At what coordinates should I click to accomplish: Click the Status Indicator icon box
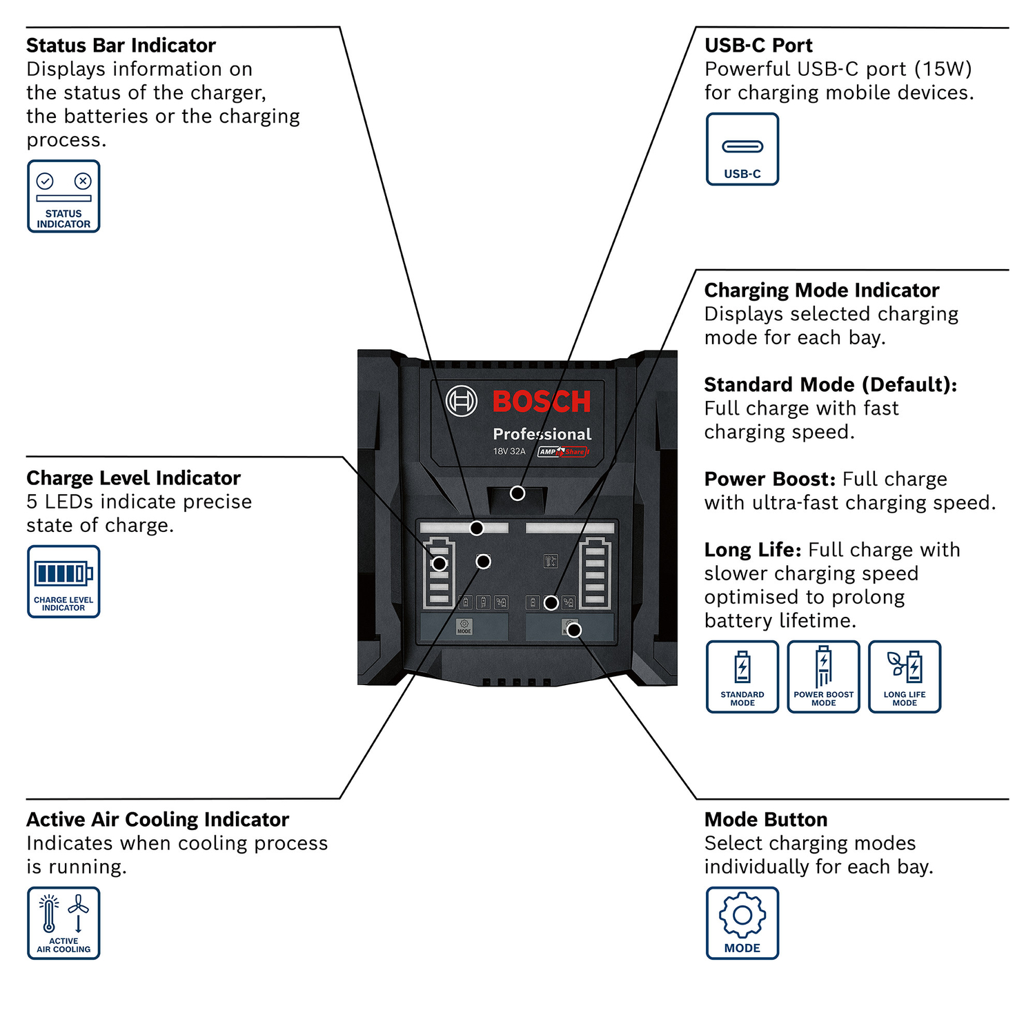(63, 197)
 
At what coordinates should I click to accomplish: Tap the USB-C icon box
(742, 149)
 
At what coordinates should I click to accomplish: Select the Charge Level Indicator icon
(63, 582)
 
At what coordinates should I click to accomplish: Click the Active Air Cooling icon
(63, 923)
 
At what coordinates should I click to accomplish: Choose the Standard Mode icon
(742, 677)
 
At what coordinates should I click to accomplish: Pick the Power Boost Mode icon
(823, 677)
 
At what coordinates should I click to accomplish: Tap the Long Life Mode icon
(905, 677)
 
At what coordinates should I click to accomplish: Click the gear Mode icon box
(742, 923)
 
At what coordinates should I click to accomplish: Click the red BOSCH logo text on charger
(542, 402)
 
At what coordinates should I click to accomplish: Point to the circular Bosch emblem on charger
(461, 401)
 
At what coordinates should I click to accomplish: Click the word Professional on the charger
(542, 434)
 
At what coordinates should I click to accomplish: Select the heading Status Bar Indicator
(121, 46)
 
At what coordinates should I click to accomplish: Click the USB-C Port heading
(758, 46)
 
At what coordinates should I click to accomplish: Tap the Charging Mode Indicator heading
(821, 290)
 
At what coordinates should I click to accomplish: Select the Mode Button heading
(766, 820)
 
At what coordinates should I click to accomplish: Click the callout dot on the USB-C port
(517, 493)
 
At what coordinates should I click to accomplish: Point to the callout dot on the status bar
(477, 528)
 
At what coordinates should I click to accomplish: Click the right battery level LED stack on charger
(595, 574)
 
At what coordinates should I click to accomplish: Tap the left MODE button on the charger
(464, 627)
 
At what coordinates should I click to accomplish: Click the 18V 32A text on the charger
(509, 451)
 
